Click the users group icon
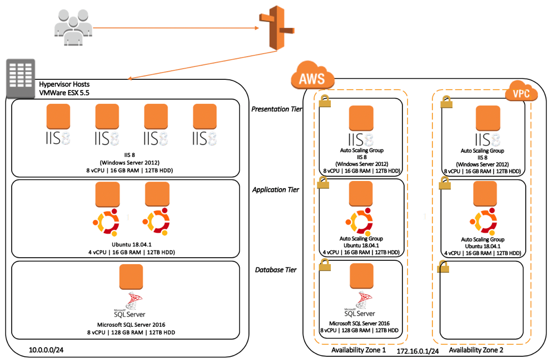[x=73, y=27]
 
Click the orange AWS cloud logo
[x=313, y=76]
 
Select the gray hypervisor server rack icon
[x=21, y=78]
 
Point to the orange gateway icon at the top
[x=277, y=28]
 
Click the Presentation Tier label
[x=277, y=109]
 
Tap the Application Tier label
[x=276, y=190]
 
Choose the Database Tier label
[x=276, y=270]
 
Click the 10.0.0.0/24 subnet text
[x=46, y=350]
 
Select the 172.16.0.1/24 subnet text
[x=418, y=351]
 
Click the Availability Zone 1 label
[x=359, y=350]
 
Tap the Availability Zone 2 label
[x=476, y=350]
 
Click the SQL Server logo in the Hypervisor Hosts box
[x=130, y=305]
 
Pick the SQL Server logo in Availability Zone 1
[x=360, y=304]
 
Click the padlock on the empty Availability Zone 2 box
[x=443, y=266]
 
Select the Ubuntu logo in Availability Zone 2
[x=483, y=222]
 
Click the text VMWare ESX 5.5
[x=64, y=93]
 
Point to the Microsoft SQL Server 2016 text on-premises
[x=131, y=325]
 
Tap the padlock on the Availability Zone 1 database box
[x=325, y=265]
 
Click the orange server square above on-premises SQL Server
[x=131, y=276]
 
